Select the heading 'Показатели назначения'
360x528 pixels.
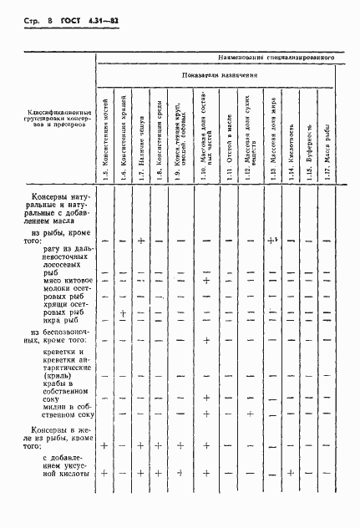tap(216, 75)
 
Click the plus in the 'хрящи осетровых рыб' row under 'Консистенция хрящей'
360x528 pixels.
tap(123, 314)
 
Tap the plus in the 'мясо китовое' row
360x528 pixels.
tap(205, 281)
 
